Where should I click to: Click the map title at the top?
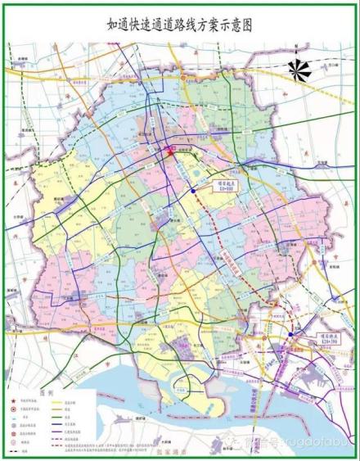click(x=180, y=25)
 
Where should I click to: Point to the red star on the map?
click(x=170, y=151)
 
